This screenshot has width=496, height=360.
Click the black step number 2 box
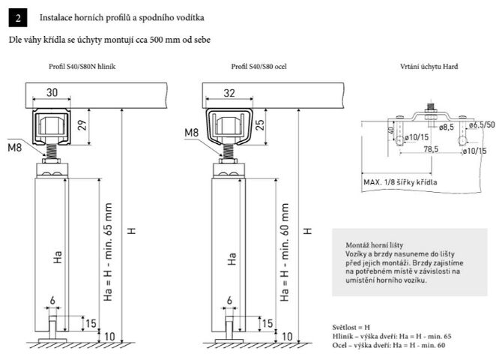[x=18, y=18]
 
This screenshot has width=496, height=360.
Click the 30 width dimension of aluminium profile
[x=52, y=92]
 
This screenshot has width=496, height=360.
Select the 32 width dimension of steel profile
[x=229, y=93]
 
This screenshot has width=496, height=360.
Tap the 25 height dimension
[x=259, y=125]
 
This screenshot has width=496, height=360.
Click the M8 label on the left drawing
[x=14, y=147]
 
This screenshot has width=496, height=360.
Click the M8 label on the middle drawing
[x=191, y=132]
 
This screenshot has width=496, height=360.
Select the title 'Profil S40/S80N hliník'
[x=82, y=67]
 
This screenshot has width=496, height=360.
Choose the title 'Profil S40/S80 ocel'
[x=258, y=67]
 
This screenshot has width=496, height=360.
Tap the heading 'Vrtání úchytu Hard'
[x=429, y=67]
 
